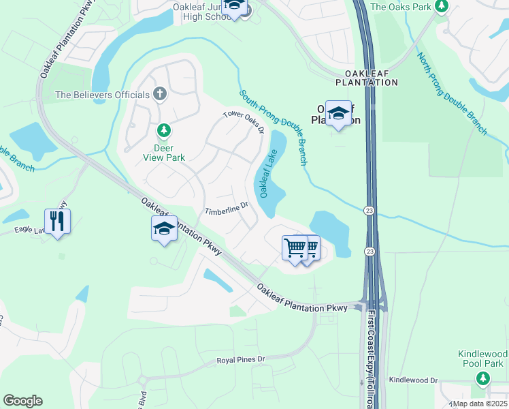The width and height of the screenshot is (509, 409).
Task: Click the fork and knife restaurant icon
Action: [x=57, y=221]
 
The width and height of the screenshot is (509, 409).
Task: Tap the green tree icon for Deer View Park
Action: [x=163, y=130]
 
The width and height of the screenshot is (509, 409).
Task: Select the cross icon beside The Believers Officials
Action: [x=160, y=94]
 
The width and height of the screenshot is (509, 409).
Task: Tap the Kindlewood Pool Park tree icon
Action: [x=482, y=378]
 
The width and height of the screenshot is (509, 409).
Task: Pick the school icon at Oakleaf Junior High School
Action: [x=235, y=6]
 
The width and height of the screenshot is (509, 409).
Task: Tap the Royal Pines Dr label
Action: [x=240, y=359]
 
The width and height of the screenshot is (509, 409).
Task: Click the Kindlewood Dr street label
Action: [x=413, y=380]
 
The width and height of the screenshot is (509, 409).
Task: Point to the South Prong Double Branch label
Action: [x=274, y=127]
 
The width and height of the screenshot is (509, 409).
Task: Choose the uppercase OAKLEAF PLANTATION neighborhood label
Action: [x=366, y=77]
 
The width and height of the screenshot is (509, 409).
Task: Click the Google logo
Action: [x=22, y=401]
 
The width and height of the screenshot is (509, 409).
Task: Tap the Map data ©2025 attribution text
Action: [x=480, y=404]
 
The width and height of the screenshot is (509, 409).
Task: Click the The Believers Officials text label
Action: [x=103, y=95]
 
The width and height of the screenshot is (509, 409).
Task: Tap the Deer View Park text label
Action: [x=163, y=153]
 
